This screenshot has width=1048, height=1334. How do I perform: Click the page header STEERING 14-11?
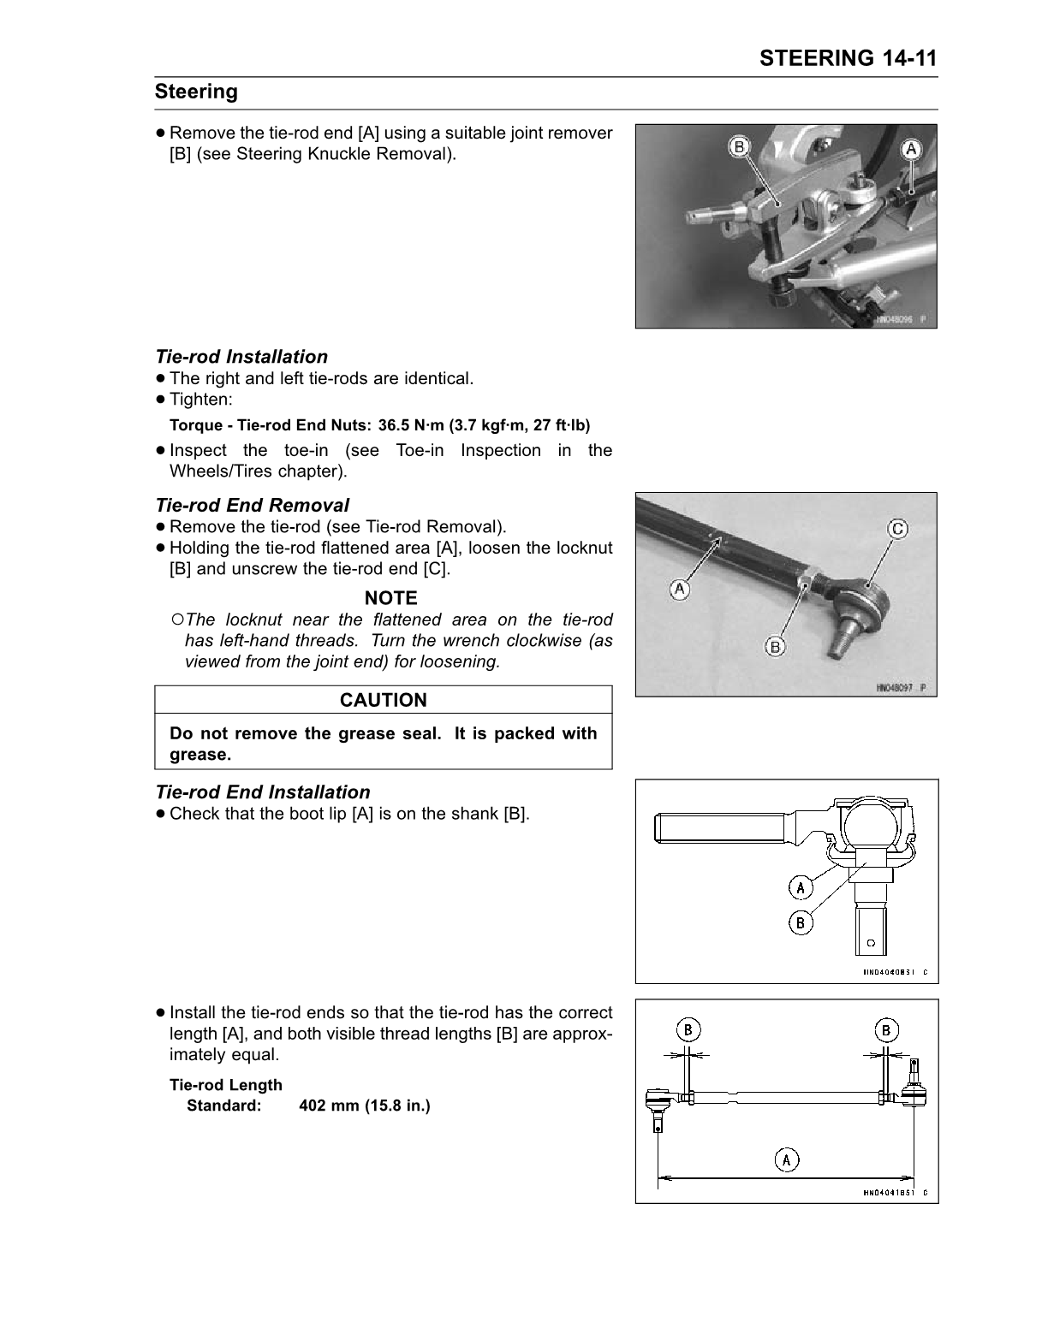tap(848, 58)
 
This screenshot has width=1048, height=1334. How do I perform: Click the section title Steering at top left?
tap(196, 92)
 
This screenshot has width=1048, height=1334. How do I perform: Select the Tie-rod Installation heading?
tap(241, 357)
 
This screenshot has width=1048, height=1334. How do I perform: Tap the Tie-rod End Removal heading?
tap(252, 505)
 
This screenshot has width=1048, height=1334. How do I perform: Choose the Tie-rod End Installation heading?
tap(262, 792)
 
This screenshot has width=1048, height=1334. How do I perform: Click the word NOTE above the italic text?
tap(390, 598)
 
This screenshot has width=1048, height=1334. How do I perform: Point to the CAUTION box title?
tap(383, 700)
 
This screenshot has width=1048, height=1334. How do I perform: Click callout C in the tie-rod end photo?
tap(896, 530)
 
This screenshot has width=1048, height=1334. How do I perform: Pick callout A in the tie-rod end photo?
tap(680, 590)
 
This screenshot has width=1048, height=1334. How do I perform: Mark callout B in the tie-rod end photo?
tap(775, 647)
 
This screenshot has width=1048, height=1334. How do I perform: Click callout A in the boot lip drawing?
tap(800, 887)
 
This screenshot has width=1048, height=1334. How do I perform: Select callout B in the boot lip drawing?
tap(800, 922)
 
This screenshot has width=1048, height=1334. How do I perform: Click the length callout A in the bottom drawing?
tap(786, 1159)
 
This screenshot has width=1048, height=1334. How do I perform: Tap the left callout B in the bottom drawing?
tap(688, 1029)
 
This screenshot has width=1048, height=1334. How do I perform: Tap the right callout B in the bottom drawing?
tap(886, 1029)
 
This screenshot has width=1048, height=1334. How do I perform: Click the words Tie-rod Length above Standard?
tap(226, 1085)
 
